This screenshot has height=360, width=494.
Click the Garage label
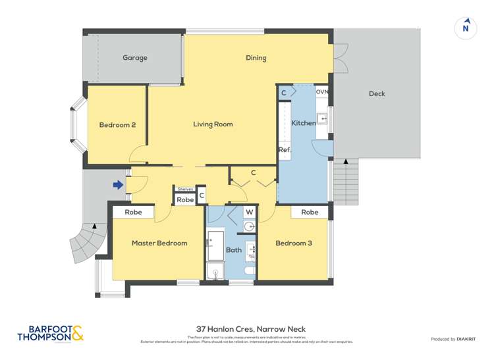134,58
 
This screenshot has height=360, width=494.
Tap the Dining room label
256,58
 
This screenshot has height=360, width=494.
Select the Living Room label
213,124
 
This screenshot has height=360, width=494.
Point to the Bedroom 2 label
117,125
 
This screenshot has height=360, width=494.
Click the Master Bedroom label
159,244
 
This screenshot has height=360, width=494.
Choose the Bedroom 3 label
293,244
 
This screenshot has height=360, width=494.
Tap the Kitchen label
304,123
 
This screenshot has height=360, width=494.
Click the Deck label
377,94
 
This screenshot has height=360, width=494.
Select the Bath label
234,250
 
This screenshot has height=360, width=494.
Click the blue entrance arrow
118,185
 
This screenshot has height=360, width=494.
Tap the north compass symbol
466,28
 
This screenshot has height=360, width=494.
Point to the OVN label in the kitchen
321,91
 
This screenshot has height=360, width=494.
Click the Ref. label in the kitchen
284,150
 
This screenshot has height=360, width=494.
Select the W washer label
250,212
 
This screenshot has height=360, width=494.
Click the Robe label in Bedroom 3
310,212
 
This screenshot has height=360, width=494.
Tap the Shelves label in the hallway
185,190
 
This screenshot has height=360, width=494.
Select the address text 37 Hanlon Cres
250,329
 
